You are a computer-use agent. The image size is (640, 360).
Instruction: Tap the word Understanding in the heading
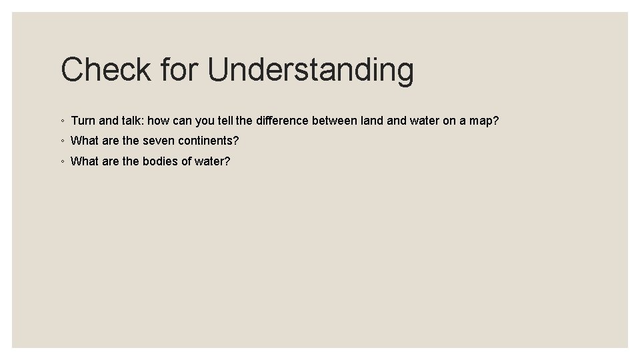tap(311, 70)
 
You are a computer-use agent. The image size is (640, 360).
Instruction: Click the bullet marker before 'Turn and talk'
tap(61, 121)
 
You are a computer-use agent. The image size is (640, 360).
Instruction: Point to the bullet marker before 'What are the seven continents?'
tap(61, 141)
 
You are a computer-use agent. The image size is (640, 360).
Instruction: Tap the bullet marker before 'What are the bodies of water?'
tap(61, 161)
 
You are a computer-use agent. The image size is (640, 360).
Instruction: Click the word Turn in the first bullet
tap(83, 121)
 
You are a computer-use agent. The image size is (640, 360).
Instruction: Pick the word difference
tap(283, 121)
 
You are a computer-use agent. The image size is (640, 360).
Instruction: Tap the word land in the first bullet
tap(371, 121)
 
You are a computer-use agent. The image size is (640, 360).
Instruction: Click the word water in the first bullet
tap(424, 121)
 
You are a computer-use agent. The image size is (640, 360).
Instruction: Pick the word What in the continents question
tap(85, 141)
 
